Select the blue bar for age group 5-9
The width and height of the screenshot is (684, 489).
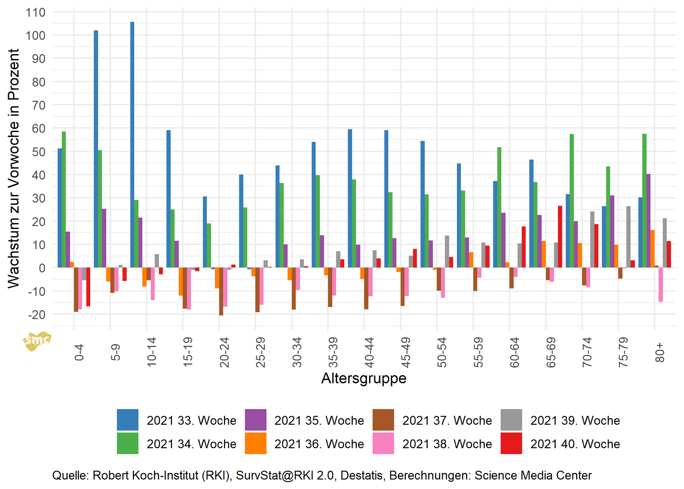[x=96, y=149]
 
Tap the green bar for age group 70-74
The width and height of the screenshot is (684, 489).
[x=572, y=201]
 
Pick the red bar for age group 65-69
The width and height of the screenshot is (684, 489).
[x=560, y=236]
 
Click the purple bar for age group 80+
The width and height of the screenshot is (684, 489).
[x=648, y=221]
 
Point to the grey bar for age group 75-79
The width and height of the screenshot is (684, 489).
[x=628, y=237]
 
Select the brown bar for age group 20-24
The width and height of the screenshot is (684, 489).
[x=221, y=291]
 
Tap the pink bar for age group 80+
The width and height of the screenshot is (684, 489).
[x=661, y=285]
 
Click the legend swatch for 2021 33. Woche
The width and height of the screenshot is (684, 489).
[x=128, y=420]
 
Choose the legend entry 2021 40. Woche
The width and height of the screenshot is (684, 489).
[x=575, y=444]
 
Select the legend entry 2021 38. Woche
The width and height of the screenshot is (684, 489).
[x=447, y=444]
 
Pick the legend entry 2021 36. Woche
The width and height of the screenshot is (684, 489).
[x=319, y=444]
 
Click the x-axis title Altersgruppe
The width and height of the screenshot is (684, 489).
[x=364, y=378]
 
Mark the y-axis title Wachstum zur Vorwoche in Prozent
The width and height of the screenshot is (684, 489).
[x=14, y=168]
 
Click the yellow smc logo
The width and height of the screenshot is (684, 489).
[x=37, y=341]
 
